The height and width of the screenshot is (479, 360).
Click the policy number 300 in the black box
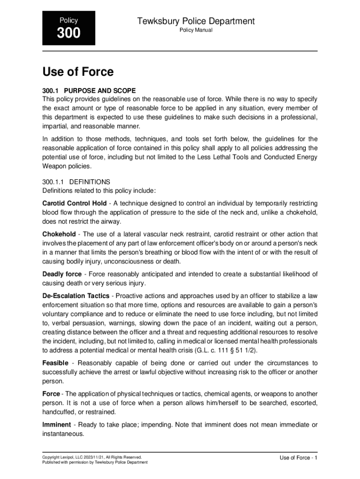tap(69, 34)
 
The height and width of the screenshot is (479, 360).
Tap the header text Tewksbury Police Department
tap(196, 21)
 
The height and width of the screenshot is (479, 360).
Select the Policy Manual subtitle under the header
tap(196, 30)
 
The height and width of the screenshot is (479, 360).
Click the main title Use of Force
tap(78, 72)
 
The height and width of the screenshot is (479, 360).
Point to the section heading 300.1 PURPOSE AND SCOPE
tap(89, 90)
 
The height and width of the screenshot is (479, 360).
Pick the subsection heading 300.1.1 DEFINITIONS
tap(76, 181)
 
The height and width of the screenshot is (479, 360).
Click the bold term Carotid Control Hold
tap(74, 203)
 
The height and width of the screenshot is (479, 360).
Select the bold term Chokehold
tap(59, 234)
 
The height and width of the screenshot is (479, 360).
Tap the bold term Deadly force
tap(62, 274)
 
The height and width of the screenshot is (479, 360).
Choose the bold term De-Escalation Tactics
tap(76, 296)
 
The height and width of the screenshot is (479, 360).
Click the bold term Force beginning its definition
tap(51, 394)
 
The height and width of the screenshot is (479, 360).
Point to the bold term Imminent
tap(57, 425)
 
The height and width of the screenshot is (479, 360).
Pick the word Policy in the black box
tap(69, 21)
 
